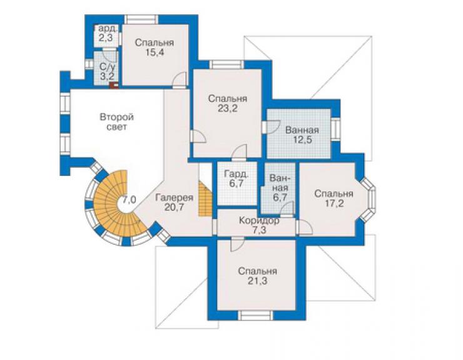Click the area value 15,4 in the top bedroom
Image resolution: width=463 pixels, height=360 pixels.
155,53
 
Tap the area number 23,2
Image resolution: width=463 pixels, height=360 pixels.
228,109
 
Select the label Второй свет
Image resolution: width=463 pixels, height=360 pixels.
116,121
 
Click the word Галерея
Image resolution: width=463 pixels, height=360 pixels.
174,197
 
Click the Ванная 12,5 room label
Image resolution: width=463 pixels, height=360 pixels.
302,135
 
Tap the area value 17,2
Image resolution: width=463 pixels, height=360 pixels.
333,203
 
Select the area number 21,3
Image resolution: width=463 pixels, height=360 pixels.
258,280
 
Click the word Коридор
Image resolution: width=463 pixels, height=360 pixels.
259,220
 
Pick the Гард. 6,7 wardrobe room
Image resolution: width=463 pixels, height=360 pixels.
237,183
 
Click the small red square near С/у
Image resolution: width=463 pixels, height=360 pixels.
114,85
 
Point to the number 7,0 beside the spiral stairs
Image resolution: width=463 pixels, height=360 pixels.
130,200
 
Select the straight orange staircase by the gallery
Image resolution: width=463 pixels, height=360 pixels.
206,198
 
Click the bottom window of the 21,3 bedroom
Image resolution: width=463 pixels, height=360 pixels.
256,315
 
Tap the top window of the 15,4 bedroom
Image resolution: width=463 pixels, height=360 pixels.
141,19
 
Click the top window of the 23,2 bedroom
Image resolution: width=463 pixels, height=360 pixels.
226,64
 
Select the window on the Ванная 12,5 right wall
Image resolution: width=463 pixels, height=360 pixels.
335,130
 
